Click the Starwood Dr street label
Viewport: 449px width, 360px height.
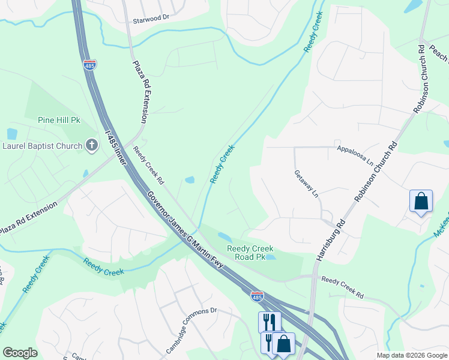(151, 18)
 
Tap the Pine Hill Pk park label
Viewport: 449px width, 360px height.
(59, 120)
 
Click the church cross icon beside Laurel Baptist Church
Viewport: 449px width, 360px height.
(91, 145)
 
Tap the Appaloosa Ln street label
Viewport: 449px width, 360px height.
(355, 148)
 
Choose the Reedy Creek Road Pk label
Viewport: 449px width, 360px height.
(250, 253)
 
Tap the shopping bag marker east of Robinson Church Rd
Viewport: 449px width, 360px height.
(421, 201)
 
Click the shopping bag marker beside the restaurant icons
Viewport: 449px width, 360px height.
(283, 344)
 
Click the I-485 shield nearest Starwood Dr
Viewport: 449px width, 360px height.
(90, 65)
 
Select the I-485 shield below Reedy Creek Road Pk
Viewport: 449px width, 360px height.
(256, 296)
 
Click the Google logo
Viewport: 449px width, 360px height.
(20, 353)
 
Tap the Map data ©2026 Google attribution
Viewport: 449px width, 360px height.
(411, 355)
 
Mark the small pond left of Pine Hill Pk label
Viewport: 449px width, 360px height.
(12, 134)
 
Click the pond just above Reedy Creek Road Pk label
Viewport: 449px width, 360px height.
(224, 236)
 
